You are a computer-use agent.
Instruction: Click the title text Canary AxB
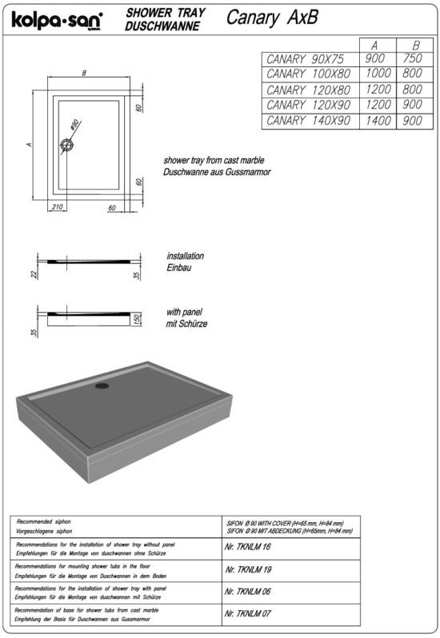point(271,18)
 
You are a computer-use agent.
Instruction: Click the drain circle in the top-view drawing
point(67,146)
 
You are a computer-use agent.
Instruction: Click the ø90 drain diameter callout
point(74,126)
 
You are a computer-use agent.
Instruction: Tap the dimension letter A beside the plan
point(28,145)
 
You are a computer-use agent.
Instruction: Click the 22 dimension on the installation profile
point(35,274)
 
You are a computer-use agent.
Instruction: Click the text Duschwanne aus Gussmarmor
point(216,172)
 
